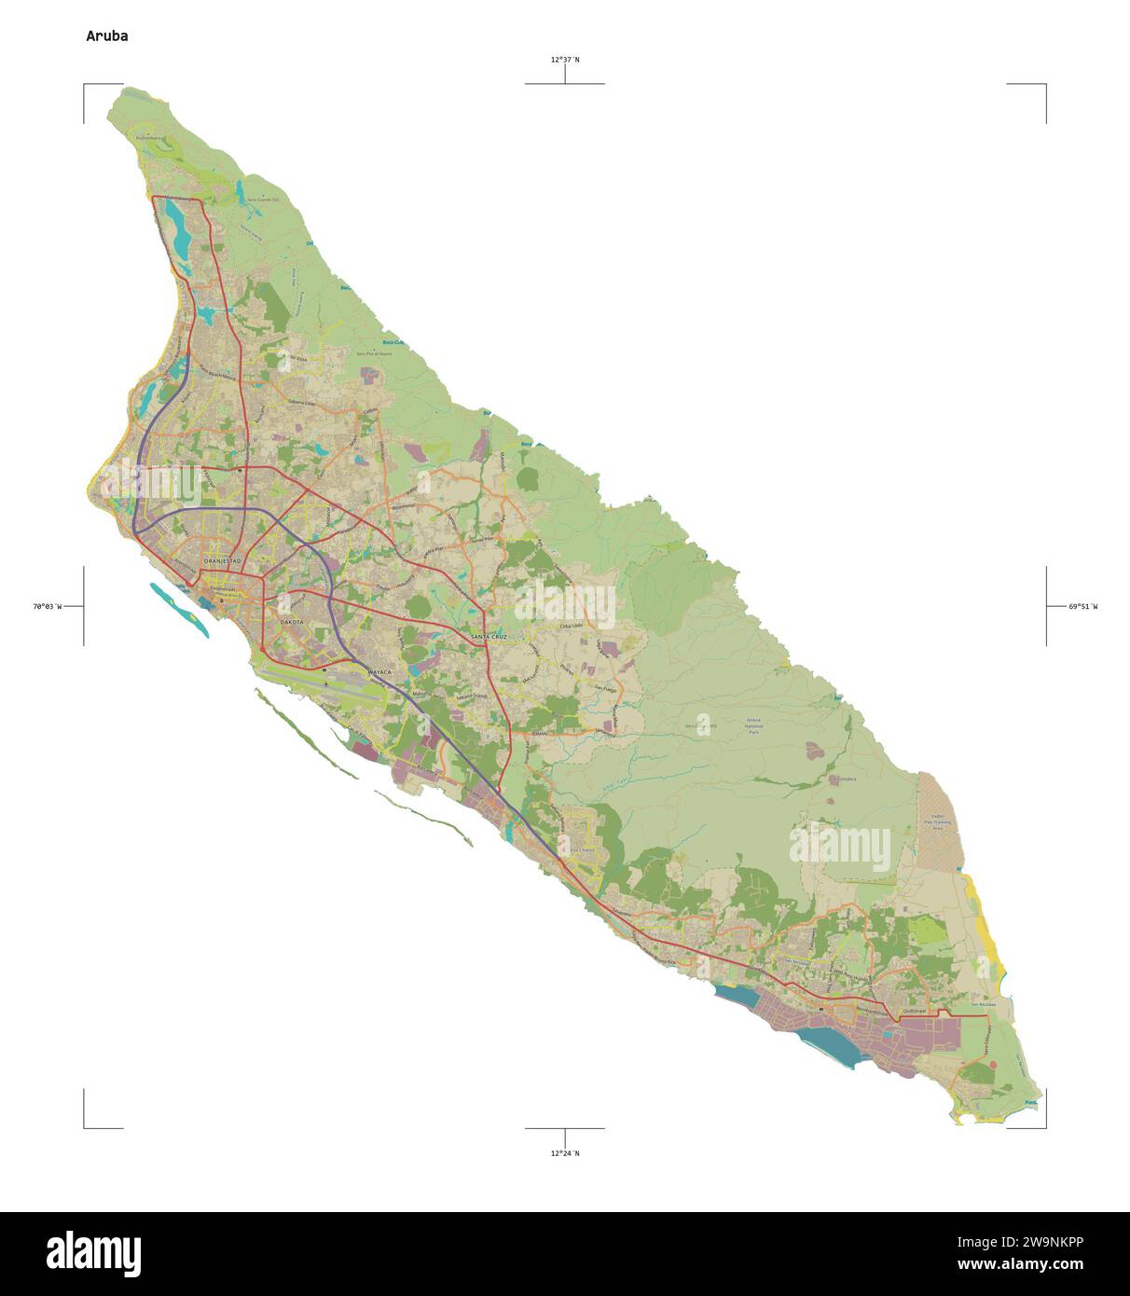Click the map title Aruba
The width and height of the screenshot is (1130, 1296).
pos(107,36)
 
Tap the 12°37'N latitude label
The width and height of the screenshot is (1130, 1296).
pos(564,60)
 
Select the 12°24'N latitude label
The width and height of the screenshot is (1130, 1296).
pos(564,1153)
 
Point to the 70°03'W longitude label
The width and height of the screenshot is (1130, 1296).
pos(47,606)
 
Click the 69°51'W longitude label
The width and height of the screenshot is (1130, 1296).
pos(1082,606)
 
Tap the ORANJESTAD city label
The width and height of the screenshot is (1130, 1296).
pos(222,560)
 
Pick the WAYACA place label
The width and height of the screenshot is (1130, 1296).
pos(380,671)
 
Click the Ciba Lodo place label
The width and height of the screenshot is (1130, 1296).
pos(570,627)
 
